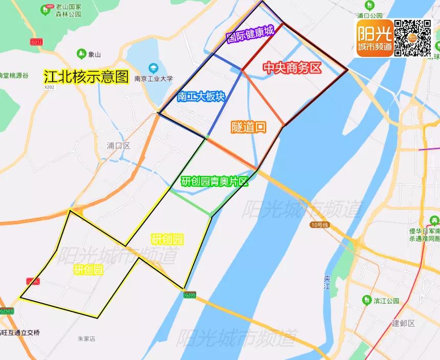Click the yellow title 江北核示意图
pos(86,77)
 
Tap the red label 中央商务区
pos(292,67)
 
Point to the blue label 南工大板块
pos(201,97)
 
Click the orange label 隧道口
pos(248,127)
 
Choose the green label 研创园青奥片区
pos(215,182)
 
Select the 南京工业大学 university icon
pos(153,68)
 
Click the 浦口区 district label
pos(119,146)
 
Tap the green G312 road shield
pos(36,40)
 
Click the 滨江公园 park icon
pos(366,300)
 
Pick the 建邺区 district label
pos(403,323)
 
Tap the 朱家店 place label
pos(86,339)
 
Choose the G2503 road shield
pos(7,311)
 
